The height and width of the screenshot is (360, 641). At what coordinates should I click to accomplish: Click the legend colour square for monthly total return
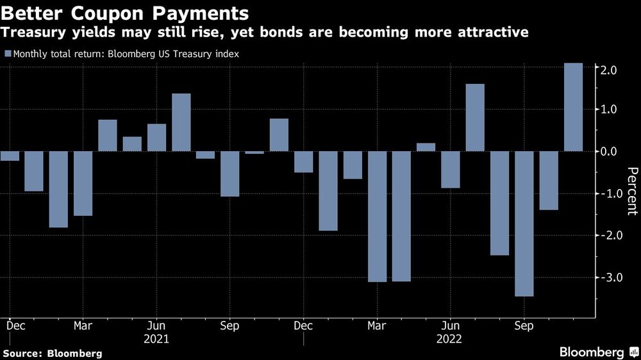point(7,54)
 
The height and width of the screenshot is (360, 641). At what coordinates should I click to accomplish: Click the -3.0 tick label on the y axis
point(608,277)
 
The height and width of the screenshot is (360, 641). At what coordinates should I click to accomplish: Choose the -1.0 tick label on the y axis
point(608,194)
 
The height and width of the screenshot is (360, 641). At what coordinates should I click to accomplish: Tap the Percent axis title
point(631,190)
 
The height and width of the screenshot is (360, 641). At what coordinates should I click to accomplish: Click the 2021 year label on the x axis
point(156,338)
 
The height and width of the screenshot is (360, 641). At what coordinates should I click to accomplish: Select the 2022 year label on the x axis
point(450,338)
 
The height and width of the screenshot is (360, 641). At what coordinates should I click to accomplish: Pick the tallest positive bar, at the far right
point(573,107)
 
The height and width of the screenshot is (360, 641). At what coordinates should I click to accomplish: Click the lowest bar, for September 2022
point(524,224)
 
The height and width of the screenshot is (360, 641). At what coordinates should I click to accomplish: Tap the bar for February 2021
point(58,189)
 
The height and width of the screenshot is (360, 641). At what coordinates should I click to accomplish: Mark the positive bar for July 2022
point(475,117)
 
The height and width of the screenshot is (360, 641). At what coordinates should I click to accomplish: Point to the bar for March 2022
point(377,216)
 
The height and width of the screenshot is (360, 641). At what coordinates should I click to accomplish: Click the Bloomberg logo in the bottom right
point(592,352)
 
